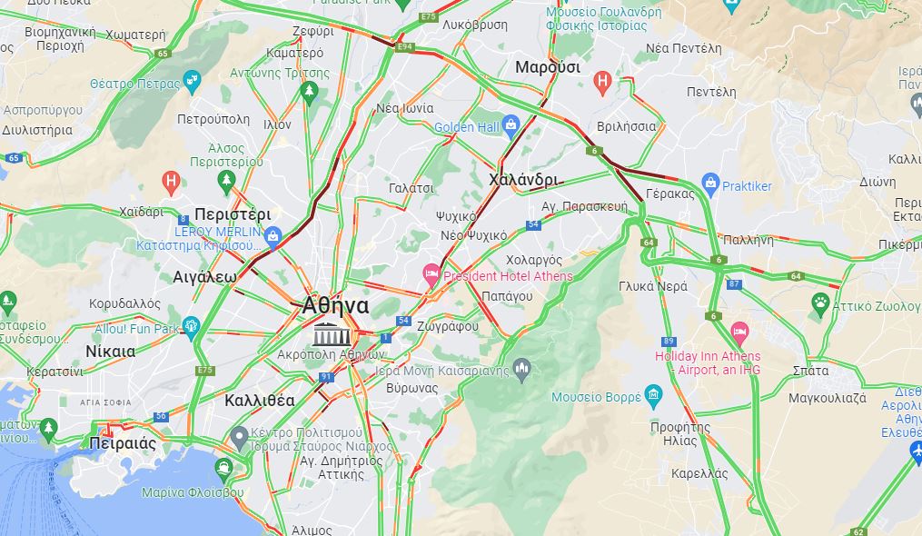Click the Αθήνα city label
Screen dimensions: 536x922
click(335, 305)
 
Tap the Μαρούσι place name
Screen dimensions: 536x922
click(547, 67)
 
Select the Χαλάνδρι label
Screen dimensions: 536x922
click(522, 180)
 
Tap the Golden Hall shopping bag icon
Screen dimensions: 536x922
click(511, 124)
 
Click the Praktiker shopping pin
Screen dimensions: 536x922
click(710, 184)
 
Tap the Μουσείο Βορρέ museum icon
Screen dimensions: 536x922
click(653, 393)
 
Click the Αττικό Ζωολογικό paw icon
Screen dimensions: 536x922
click(821, 302)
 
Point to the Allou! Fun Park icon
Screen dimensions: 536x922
click(191, 325)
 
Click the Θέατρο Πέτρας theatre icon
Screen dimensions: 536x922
click(192, 82)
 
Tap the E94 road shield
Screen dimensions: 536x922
click(405, 45)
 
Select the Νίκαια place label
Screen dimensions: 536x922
click(110, 351)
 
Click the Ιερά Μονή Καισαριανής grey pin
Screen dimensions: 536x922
click(520, 368)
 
